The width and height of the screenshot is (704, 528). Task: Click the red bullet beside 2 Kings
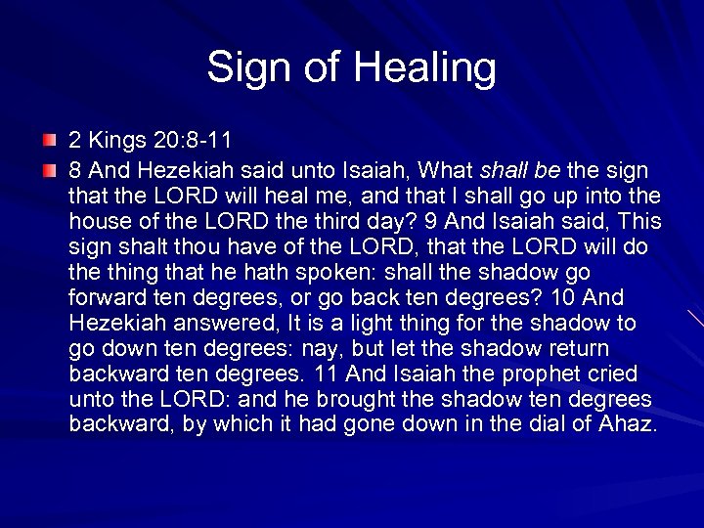(x=48, y=146)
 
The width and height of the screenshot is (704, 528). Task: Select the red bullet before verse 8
(x=48, y=171)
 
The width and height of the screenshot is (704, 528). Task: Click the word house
(x=100, y=222)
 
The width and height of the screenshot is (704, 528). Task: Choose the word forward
(x=107, y=298)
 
